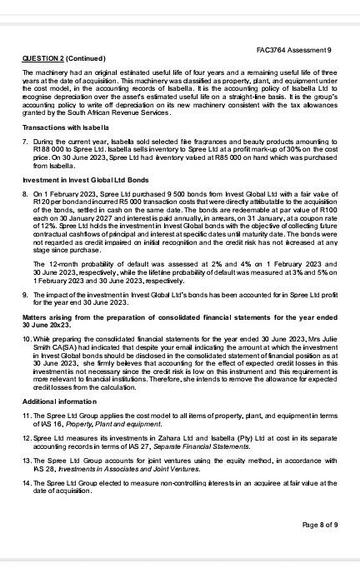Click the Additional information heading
pos(56,401)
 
